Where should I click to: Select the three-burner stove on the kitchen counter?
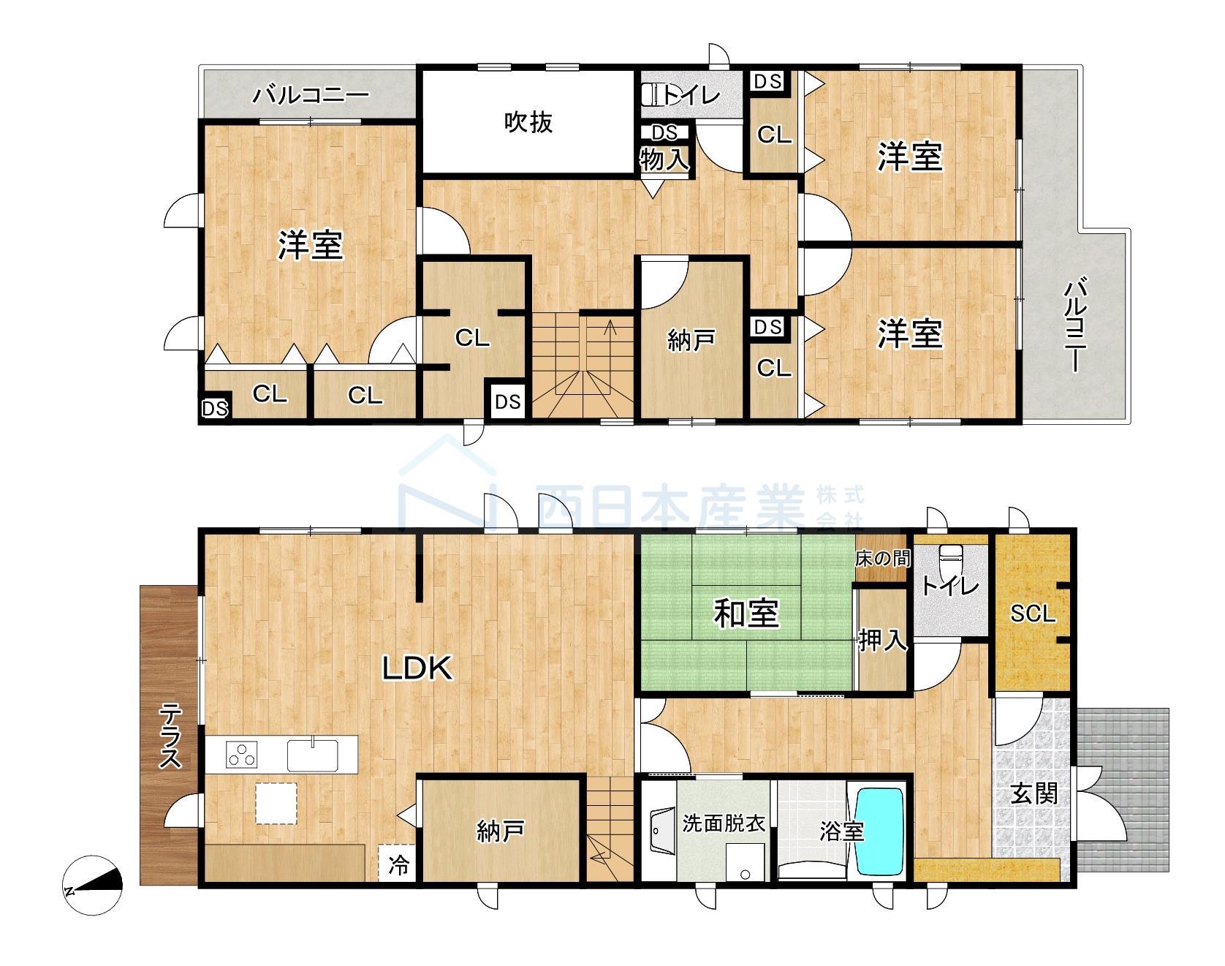tap(242, 754)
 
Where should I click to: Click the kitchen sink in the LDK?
tap(312, 755)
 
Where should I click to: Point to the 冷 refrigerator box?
tap(398, 866)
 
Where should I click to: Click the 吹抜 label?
tap(528, 122)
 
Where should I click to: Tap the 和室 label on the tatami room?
tap(746, 613)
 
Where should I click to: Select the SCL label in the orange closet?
tap(1033, 614)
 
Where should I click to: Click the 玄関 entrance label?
tap(1034, 793)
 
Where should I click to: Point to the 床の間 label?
tap(883, 559)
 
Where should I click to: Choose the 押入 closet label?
tap(883, 641)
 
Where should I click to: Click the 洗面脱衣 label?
tap(723, 824)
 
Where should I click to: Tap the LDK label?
tap(417, 667)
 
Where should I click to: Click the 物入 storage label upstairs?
tap(664, 159)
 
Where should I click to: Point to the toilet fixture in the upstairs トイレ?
tap(652, 94)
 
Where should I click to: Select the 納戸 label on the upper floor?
tap(691, 340)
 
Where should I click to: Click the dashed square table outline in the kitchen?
tap(276, 803)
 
